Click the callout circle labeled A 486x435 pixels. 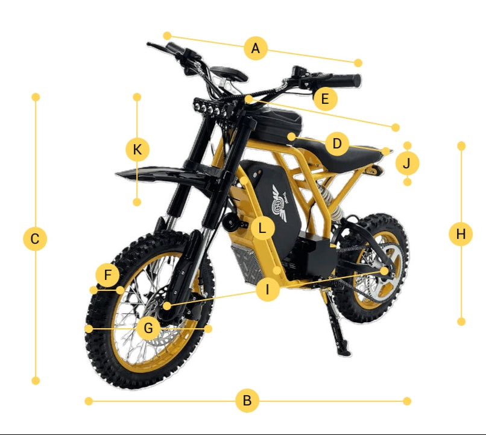point(256,48)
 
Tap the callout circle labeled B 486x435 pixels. point(247,401)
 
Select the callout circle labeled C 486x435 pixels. point(35,239)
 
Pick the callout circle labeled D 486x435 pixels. point(337,144)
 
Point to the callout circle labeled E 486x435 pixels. point(325,99)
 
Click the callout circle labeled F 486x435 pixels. point(107,275)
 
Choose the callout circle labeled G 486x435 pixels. point(148,328)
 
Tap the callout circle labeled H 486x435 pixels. point(461,234)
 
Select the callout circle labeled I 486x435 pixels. point(268,290)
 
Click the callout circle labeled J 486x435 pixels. point(407,163)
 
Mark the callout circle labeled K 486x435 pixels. point(137,150)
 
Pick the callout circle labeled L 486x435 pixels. point(262,229)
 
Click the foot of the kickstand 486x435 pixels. point(345,352)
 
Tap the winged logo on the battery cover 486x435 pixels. point(279,203)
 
